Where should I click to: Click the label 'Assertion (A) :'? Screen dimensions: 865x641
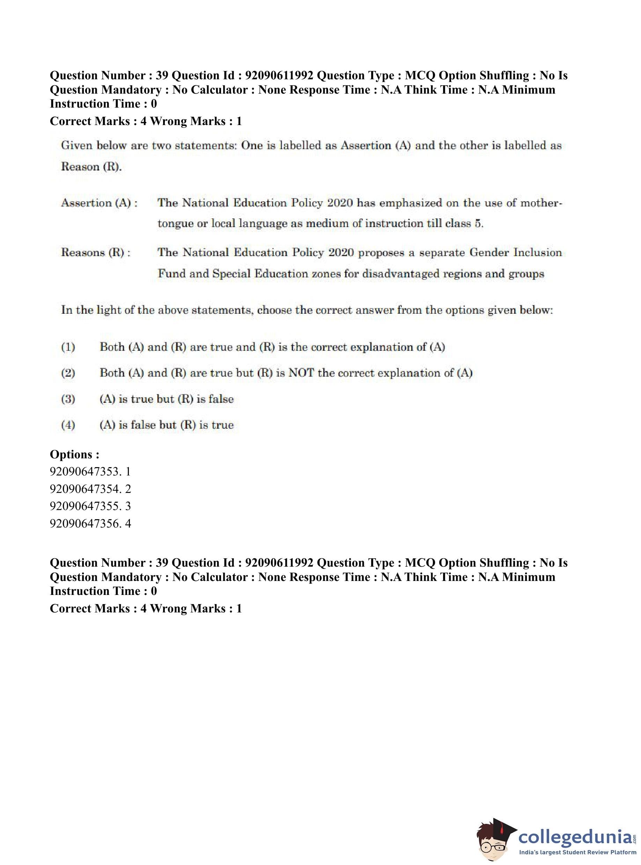(99, 203)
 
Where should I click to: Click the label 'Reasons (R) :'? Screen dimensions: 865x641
(95, 253)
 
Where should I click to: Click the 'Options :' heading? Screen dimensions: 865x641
(74, 454)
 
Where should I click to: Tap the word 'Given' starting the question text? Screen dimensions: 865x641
(77, 146)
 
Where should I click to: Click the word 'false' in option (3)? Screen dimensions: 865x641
(221, 399)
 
